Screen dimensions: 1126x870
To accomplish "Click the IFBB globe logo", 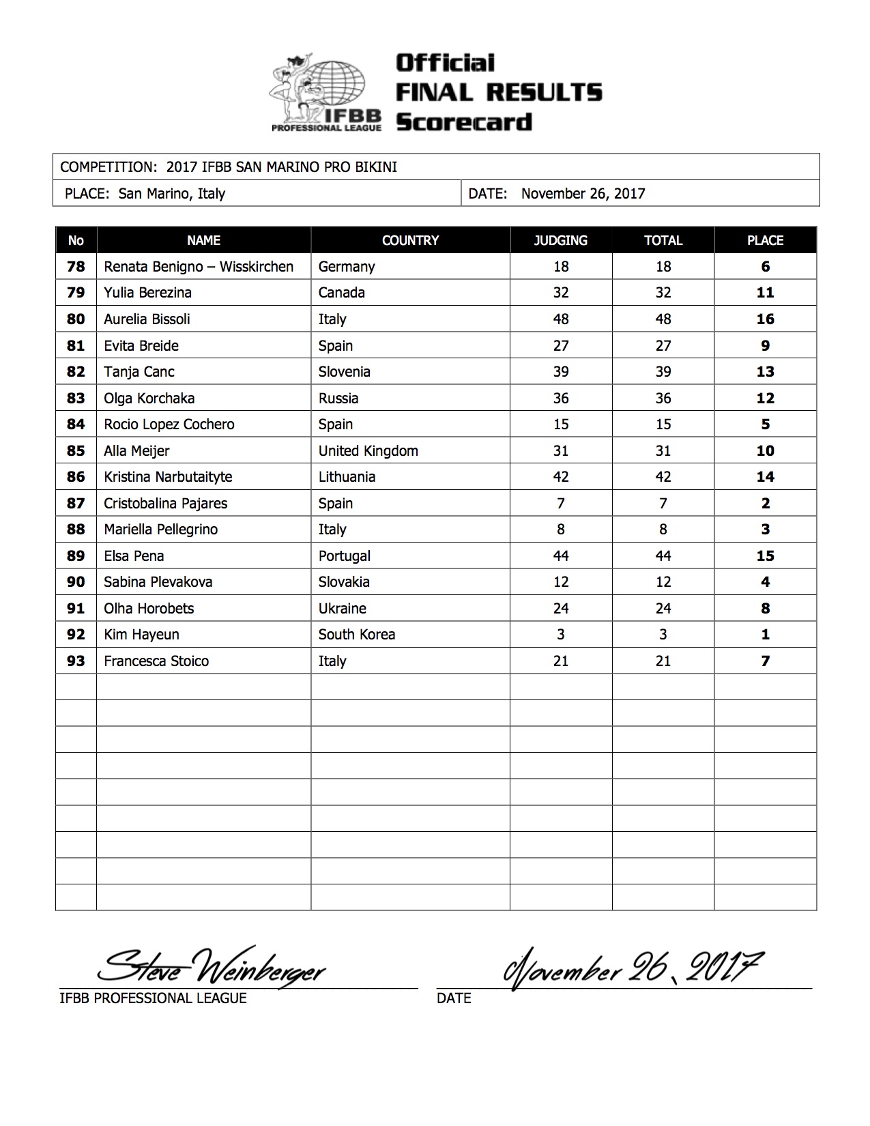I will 326,91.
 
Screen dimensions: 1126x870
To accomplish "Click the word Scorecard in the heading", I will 463,122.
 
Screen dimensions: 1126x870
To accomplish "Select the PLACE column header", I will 765,240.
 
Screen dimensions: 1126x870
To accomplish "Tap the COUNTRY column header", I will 410,240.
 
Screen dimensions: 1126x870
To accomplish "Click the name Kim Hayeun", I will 141,635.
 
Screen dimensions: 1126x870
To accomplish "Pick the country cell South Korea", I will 356,635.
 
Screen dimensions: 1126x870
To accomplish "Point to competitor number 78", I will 76,267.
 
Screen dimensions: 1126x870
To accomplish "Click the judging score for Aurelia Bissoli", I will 561,319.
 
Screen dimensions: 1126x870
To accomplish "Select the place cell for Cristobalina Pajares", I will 765,504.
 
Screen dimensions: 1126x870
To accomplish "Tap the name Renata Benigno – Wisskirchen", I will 199,267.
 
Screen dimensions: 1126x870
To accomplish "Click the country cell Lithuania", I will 347,477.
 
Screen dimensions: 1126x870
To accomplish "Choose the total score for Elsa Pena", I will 663,556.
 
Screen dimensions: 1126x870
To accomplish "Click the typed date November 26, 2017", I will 583,194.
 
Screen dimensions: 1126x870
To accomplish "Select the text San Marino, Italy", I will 171,194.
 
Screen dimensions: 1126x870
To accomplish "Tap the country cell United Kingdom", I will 368,451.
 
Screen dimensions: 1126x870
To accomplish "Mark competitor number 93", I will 76,661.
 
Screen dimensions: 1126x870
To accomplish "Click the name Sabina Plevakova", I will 158,582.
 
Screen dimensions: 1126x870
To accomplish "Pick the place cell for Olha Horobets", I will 765,609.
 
